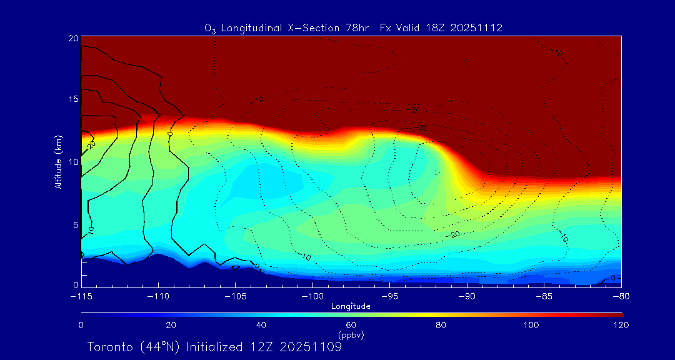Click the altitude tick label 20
pos(72,38)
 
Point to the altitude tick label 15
pos(72,99)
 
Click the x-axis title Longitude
pos(351,306)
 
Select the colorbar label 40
pos(261,325)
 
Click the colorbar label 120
pos(622,325)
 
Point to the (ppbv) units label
pos(351,335)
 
